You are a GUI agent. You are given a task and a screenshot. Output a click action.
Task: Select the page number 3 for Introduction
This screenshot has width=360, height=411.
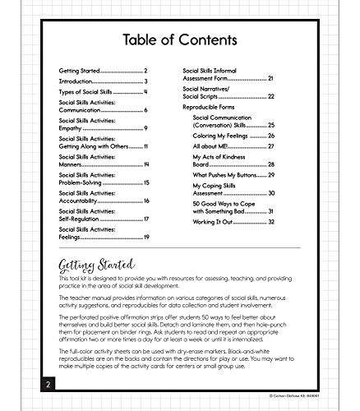click(145, 81)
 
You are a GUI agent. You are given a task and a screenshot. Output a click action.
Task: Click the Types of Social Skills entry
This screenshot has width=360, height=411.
click(90, 94)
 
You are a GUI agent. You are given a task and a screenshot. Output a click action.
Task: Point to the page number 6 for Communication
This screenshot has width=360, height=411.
click(145, 109)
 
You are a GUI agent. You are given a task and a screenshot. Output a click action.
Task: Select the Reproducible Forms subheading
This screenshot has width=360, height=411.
click(217, 108)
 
